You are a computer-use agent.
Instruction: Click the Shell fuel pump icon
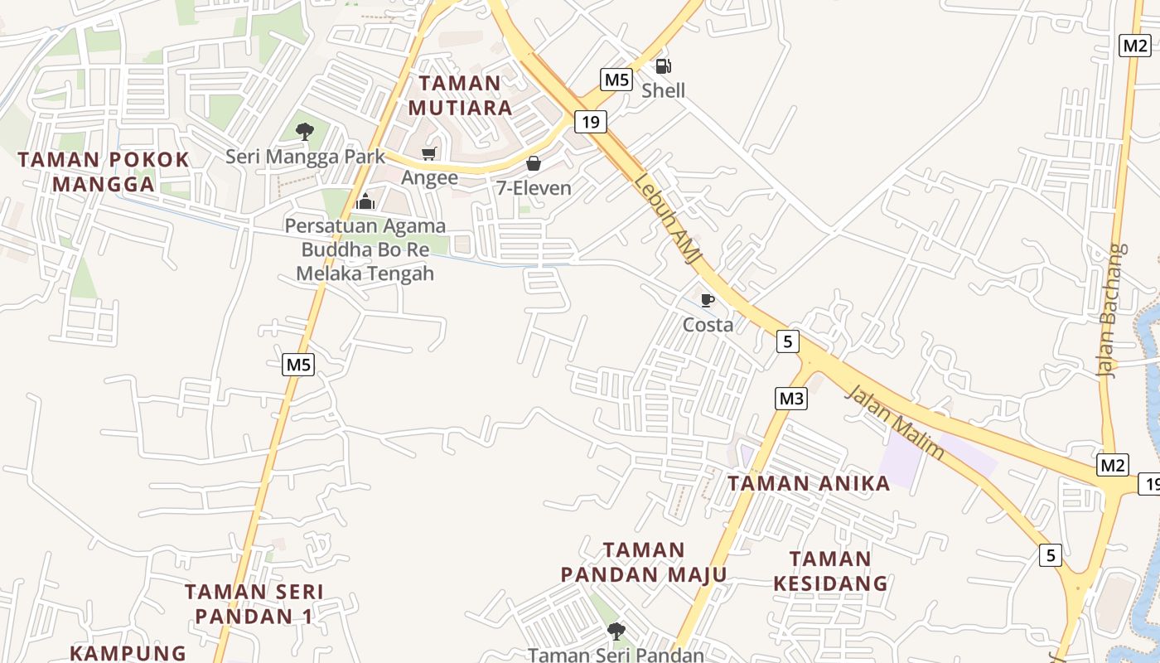[663, 66]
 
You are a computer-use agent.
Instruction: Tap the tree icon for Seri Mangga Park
[305, 131]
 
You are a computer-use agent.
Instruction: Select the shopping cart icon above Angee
[429, 153]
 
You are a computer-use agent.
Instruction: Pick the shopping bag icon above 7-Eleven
[534, 163]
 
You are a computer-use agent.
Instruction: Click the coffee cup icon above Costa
[707, 300]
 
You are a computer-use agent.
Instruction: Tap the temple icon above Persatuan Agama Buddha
[365, 201]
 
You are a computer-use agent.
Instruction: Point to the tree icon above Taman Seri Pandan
[616, 632]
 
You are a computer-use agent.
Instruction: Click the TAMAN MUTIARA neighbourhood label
[460, 95]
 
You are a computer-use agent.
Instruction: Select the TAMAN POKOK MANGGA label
[104, 172]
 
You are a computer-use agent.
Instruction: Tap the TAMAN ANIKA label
[809, 483]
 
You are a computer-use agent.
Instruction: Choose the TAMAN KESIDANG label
[830, 571]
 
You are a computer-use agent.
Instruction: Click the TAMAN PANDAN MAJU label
[644, 562]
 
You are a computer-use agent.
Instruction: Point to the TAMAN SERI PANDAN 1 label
[254, 604]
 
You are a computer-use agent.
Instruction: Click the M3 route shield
[791, 399]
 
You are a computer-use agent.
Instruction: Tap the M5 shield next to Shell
[616, 80]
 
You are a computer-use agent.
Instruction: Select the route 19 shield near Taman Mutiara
[590, 123]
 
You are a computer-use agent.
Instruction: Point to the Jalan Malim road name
[896, 421]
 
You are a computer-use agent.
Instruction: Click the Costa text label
[708, 325]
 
